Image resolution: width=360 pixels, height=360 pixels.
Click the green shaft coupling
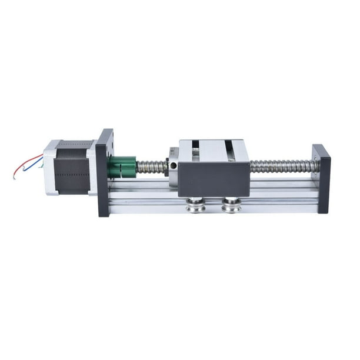pos(122,166)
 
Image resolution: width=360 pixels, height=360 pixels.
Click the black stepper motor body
pos(72,167)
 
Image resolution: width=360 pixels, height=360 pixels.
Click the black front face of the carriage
pos(214,179)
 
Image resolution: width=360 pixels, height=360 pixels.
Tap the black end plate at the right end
pos(322,179)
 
